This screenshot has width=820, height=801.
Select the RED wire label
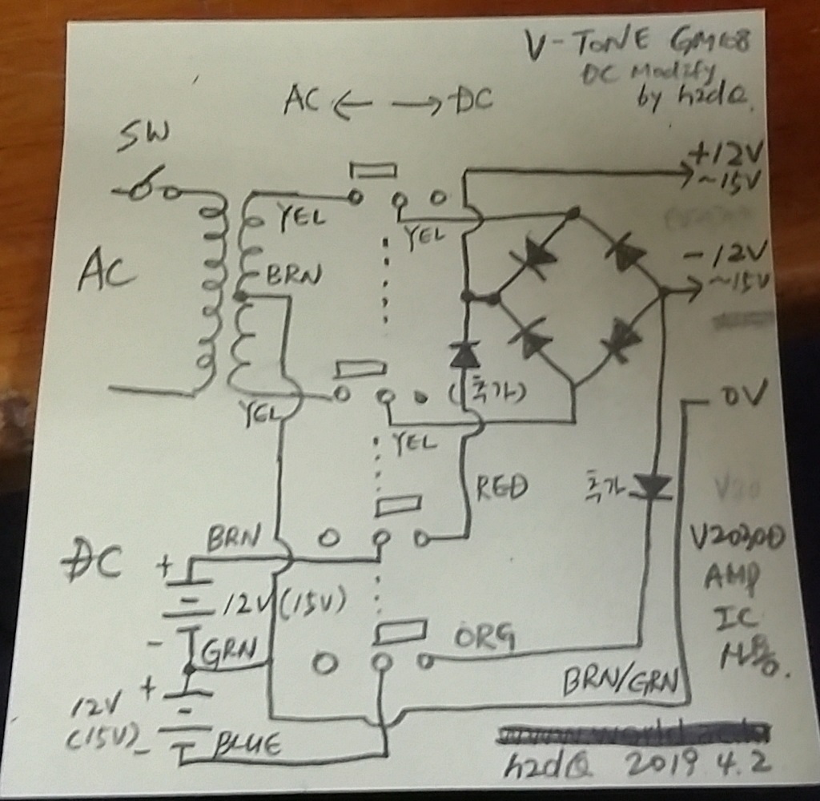501,486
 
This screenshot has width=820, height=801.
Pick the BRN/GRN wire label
620,682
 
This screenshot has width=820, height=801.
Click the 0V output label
743,393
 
